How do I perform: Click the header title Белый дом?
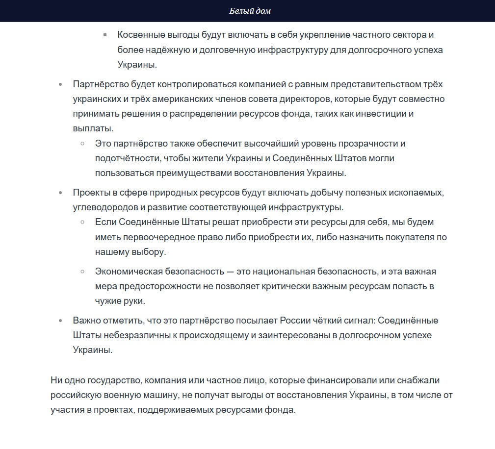(x=250, y=11)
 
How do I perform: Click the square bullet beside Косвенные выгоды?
(x=105, y=35)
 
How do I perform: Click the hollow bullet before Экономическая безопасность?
(x=83, y=271)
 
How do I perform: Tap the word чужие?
(x=109, y=301)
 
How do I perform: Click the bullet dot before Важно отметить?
(x=60, y=321)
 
